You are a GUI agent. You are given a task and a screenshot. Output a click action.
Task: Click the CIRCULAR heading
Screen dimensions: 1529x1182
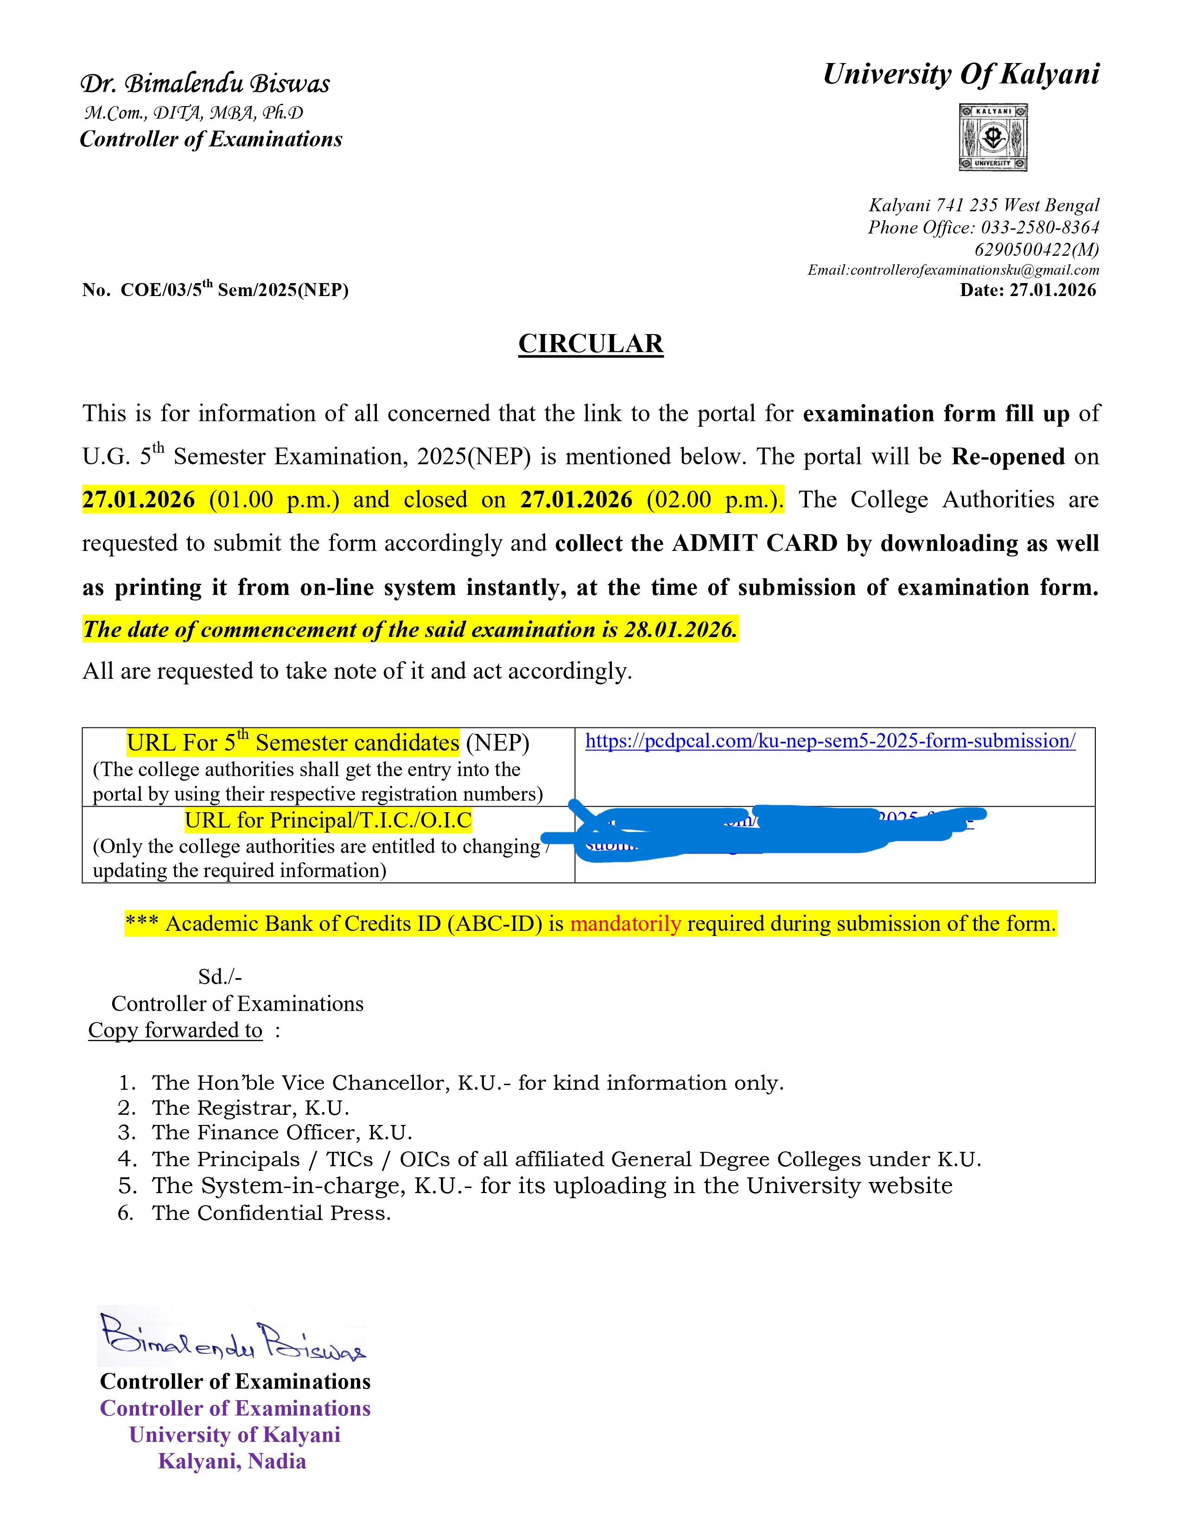[x=590, y=344]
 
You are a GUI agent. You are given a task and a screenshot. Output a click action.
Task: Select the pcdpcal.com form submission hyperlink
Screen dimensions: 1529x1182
[x=830, y=741]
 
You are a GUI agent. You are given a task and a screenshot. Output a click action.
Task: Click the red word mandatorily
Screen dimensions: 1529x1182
[x=625, y=924]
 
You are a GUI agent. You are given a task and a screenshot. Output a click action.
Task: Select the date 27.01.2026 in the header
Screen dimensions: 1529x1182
[x=1053, y=290]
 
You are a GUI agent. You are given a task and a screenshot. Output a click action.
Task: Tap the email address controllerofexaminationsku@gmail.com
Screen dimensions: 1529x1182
[x=974, y=270]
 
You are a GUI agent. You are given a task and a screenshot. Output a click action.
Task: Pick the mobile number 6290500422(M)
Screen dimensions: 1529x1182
[x=1036, y=249]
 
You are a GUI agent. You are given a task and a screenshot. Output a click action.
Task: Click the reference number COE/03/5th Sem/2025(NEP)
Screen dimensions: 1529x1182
[x=234, y=290]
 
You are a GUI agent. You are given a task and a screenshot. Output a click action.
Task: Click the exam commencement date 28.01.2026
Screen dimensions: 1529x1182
[x=679, y=629]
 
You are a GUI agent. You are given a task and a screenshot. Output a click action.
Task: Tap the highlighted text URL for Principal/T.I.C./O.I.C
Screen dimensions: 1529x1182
[x=328, y=820]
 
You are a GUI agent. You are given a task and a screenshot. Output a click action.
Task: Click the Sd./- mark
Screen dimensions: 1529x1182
[x=220, y=977]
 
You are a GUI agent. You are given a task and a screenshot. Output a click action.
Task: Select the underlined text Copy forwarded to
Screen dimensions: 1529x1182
[x=175, y=1030]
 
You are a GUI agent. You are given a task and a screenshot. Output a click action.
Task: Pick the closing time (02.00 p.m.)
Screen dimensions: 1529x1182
[x=713, y=500]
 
